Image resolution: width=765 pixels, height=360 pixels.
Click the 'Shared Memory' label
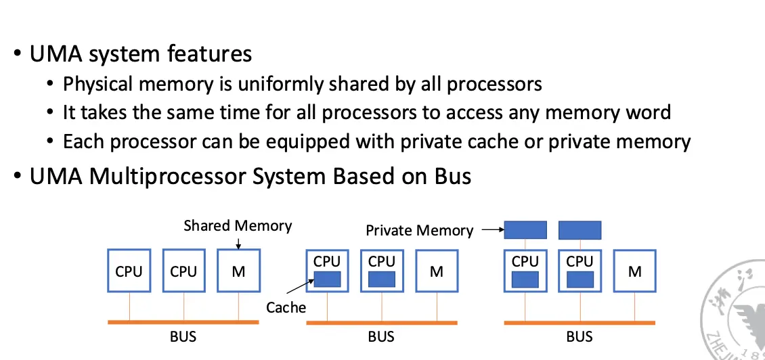point(238,225)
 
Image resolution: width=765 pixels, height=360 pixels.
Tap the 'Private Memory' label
point(419,231)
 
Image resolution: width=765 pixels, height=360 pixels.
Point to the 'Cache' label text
point(286,308)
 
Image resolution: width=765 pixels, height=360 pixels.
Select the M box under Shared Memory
point(238,271)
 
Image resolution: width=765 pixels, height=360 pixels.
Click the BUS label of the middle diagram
point(381,336)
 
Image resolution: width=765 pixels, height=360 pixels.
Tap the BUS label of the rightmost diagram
point(579,336)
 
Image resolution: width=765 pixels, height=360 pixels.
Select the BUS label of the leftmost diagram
point(183,336)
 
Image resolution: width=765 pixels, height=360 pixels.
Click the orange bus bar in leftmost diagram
point(183,322)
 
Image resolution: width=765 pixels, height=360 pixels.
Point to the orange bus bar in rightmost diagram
point(580,323)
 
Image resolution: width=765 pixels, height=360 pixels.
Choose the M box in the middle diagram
point(437,271)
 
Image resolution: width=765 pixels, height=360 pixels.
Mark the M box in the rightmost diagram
point(634,271)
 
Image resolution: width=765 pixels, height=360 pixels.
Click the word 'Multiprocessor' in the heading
point(168,177)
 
